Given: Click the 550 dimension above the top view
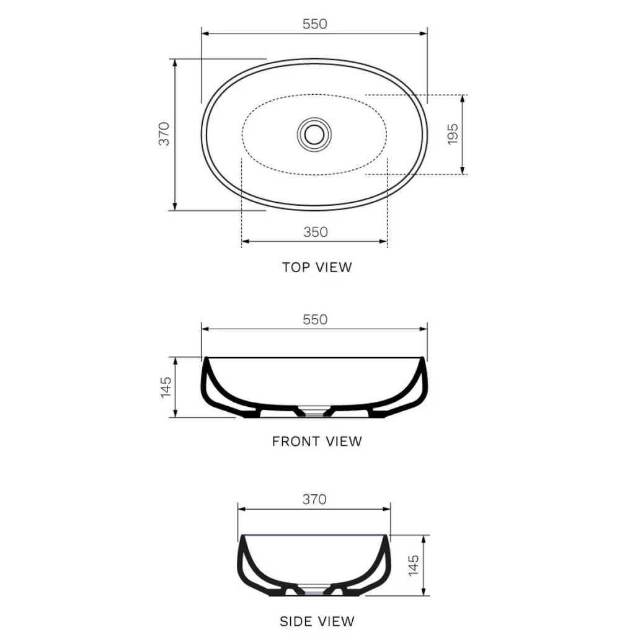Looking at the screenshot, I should click(314, 24).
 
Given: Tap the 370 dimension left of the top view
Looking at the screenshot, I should click(164, 134).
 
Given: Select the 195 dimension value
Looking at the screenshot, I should click(453, 134).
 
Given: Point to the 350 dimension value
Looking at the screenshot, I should click(315, 232).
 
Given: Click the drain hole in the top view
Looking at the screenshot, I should click(314, 133).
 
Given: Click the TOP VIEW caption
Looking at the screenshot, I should click(317, 267).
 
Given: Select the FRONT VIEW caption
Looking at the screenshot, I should click(317, 442).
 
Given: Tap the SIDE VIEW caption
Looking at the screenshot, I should click(317, 621).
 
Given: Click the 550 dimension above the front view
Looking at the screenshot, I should click(314, 320).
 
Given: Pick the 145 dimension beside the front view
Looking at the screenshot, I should click(166, 387).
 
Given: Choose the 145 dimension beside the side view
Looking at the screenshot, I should click(414, 565).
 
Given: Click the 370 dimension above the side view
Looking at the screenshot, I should click(314, 499).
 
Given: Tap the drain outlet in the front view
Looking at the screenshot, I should click(314, 411).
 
